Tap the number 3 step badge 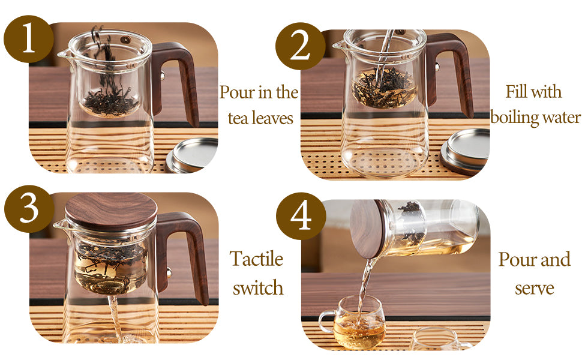pyautogui.click(x=29, y=209)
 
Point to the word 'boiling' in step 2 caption pyautogui.click(x=511, y=117)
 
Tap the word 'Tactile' pyautogui.click(x=257, y=259)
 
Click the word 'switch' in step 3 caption pyautogui.click(x=258, y=287)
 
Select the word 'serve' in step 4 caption pyautogui.click(x=534, y=287)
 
